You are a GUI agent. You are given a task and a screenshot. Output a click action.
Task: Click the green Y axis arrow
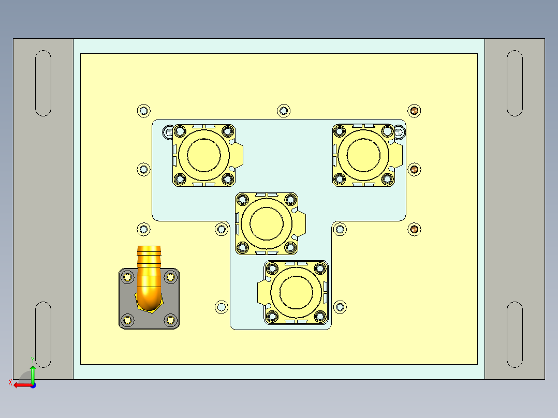click(x=32, y=371)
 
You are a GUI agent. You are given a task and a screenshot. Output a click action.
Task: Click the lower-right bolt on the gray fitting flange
click(x=170, y=321)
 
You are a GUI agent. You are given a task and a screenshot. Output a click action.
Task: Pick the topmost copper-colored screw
click(x=414, y=110)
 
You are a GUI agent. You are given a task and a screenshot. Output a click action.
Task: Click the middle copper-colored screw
click(x=414, y=169)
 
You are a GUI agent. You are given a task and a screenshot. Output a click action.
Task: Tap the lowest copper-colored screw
click(x=414, y=229)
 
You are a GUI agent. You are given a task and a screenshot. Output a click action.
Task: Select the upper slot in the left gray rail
click(x=43, y=83)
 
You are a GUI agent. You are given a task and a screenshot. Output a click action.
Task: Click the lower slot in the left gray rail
click(x=43, y=335)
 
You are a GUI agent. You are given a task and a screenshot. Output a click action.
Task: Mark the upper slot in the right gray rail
click(x=515, y=83)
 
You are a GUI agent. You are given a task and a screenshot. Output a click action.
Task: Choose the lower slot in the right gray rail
click(x=515, y=335)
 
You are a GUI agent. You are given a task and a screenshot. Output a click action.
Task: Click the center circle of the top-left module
click(x=203, y=155)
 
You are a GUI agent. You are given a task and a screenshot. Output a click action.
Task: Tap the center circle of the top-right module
click(x=363, y=155)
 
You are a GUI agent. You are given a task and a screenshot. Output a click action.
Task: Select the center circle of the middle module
click(x=267, y=223)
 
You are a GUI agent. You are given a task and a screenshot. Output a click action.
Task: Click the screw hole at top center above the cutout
click(x=283, y=110)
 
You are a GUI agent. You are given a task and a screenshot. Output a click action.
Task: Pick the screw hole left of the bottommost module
click(x=222, y=307)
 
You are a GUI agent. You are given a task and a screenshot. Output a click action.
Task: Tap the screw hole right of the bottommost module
click(x=340, y=307)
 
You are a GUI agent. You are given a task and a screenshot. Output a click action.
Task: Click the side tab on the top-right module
click(x=398, y=155)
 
